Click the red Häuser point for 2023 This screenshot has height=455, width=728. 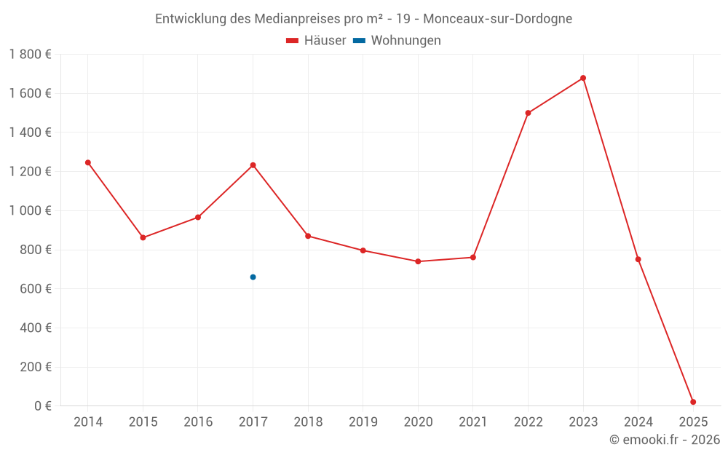click(x=583, y=78)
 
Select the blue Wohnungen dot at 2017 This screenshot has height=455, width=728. click(x=253, y=277)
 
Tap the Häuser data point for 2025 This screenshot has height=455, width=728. click(x=693, y=402)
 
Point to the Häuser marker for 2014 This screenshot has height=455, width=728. click(x=88, y=162)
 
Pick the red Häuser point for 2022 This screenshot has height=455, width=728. click(x=528, y=113)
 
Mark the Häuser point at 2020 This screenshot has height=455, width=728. click(x=418, y=261)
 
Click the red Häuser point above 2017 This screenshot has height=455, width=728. click(x=253, y=165)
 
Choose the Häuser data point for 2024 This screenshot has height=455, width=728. click(x=638, y=259)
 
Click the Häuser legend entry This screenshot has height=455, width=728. click(x=316, y=41)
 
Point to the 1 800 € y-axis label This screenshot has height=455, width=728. click(x=30, y=55)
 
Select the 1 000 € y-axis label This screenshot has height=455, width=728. click(x=30, y=210)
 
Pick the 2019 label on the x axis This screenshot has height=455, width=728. click(x=363, y=422)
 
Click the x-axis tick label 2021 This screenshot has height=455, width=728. click(x=473, y=422)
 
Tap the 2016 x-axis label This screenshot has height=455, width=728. click(x=198, y=422)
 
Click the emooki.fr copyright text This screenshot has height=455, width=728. click(x=665, y=440)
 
